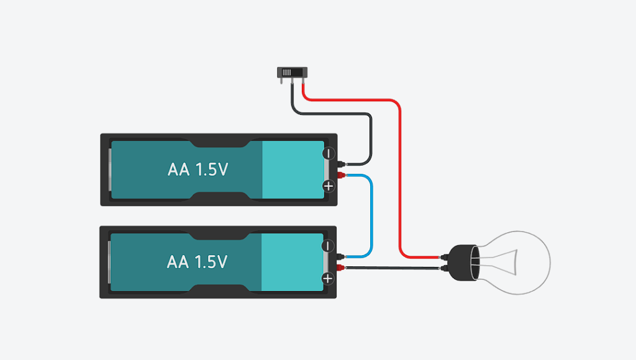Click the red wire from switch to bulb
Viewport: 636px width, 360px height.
pos(401,174)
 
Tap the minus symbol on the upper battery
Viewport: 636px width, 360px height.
pos(329,153)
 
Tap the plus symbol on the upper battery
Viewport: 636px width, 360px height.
pos(329,186)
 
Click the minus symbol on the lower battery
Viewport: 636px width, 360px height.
pos(329,246)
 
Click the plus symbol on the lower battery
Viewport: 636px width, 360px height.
pos(329,279)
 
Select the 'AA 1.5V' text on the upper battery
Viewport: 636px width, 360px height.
pos(198,169)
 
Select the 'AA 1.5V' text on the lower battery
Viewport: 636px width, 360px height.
pos(198,262)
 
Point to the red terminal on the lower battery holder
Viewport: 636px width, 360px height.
pos(341,268)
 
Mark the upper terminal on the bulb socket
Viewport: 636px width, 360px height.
pos(444,256)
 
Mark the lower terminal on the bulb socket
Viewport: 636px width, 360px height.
pos(444,268)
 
